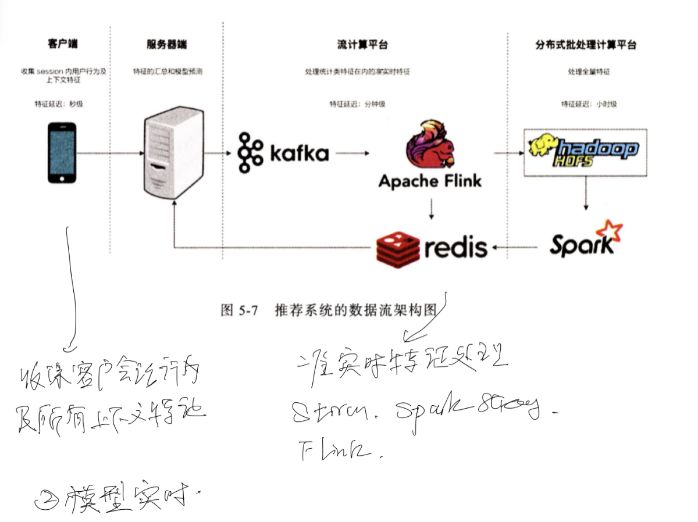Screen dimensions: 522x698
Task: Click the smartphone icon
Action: click(x=62, y=152)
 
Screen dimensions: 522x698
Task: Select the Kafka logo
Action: click(x=283, y=153)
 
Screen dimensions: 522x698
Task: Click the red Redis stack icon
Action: click(x=397, y=248)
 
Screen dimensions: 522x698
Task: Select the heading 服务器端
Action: click(x=167, y=45)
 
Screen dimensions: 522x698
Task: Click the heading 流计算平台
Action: click(x=362, y=45)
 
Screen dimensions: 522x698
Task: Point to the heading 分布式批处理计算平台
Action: click(x=585, y=45)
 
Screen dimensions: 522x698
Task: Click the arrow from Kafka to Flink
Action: click(x=352, y=153)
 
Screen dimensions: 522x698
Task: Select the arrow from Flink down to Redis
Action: click(x=430, y=209)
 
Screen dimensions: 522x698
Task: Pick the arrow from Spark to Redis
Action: click(x=515, y=248)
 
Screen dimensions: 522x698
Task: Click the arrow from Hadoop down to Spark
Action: click(x=585, y=195)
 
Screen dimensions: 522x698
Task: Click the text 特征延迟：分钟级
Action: click(x=357, y=104)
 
